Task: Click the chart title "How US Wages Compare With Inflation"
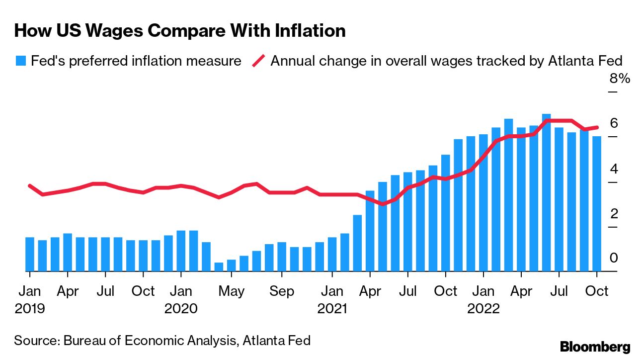click(180, 31)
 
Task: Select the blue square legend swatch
click(20, 61)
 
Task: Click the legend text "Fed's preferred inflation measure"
click(136, 61)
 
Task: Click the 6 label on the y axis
click(614, 123)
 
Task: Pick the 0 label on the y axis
click(614, 258)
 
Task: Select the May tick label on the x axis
click(231, 291)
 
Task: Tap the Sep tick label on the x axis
click(282, 291)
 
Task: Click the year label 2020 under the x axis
click(181, 309)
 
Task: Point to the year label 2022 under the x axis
click(483, 309)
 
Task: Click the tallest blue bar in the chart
click(546, 193)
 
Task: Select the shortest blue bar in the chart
click(219, 267)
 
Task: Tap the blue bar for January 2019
click(30, 254)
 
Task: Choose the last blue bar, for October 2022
click(597, 204)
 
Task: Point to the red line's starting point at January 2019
click(30, 185)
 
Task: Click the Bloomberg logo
click(595, 347)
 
